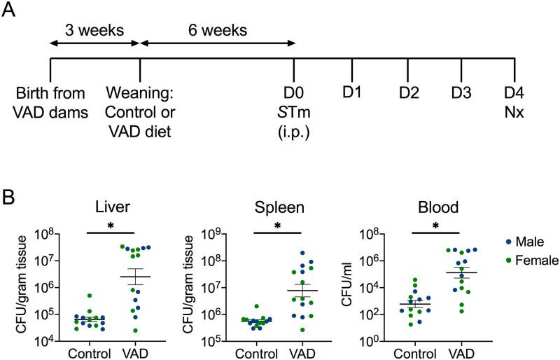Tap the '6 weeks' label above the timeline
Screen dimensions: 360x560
pos(217,30)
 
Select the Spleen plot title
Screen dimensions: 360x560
pos(279,207)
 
